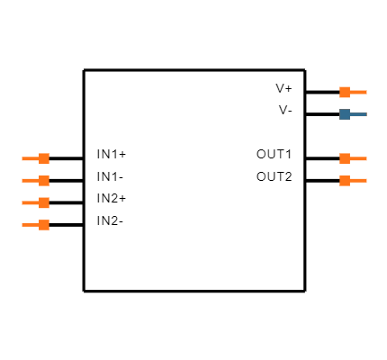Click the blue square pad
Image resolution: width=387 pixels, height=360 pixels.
pyautogui.click(x=345, y=114)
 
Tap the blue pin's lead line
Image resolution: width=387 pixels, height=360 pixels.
pyautogui.click(x=358, y=114)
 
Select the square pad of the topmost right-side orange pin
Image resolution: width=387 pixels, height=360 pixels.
pyautogui.click(x=345, y=92)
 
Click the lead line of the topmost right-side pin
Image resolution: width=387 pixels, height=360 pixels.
pyautogui.click(x=358, y=92)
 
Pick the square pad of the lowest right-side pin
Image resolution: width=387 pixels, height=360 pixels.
pyautogui.click(x=345, y=180)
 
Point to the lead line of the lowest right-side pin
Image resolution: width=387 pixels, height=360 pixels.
pyautogui.click(x=358, y=180)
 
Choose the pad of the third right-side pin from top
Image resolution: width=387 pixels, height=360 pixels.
pyautogui.click(x=345, y=158)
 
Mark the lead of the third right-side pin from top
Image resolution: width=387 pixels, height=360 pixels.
pyautogui.click(x=358, y=158)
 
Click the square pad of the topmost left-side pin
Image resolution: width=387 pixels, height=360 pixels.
pyautogui.click(x=44, y=158)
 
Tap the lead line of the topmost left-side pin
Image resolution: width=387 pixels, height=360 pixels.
pyautogui.click(x=31, y=158)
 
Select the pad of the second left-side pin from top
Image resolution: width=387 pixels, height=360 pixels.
pyautogui.click(x=44, y=180)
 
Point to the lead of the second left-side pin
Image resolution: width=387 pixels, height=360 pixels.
pyautogui.click(x=31, y=180)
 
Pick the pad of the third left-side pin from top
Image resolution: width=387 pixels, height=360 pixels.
pyautogui.click(x=44, y=202)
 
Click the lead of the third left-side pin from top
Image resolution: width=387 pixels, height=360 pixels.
pyautogui.click(x=31, y=202)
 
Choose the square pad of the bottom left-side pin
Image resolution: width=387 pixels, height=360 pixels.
pyautogui.click(x=44, y=224)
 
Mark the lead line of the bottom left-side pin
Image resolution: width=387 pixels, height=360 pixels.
pyautogui.click(x=31, y=224)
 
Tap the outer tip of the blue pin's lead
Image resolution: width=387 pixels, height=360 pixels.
pyautogui.click(x=366, y=114)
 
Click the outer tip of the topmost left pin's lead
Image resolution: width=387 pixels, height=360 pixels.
pyautogui.click(x=22, y=158)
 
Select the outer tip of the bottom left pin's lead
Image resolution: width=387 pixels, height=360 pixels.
pyautogui.click(x=22, y=224)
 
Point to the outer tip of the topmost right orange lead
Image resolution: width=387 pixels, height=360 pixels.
pyautogui.click(x=366, y=92)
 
